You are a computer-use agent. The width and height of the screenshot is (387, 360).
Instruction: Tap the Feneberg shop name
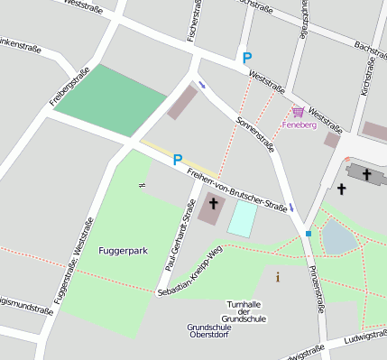[x=299, y=125]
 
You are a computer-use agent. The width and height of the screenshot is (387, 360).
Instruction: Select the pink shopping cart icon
[x=297, y=111]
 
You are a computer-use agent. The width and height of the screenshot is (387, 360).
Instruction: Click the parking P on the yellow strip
[x=178, y=159]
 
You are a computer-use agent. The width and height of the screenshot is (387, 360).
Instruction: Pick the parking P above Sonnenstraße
[x=247, y=57]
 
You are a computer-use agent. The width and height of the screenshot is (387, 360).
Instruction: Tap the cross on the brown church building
[x=213, y=204]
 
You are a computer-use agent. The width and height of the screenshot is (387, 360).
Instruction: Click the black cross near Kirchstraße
[x=341, y=189]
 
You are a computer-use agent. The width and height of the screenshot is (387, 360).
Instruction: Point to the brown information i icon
[x=277, y=277]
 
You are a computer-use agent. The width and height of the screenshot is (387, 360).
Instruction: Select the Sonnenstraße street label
[x=254, y=134]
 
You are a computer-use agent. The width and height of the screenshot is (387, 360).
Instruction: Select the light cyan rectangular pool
[x=241, y=218]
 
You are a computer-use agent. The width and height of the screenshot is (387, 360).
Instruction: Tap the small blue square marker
[x=309, y=234]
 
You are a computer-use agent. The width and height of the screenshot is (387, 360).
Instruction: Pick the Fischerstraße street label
[x=193, y=20]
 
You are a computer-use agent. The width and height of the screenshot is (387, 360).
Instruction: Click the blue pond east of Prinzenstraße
[x=338, y=236]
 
